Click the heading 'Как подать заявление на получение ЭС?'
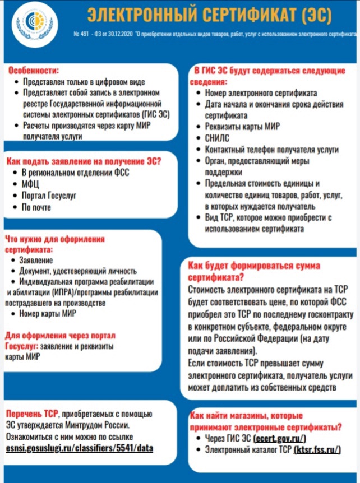pos(84,161)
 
